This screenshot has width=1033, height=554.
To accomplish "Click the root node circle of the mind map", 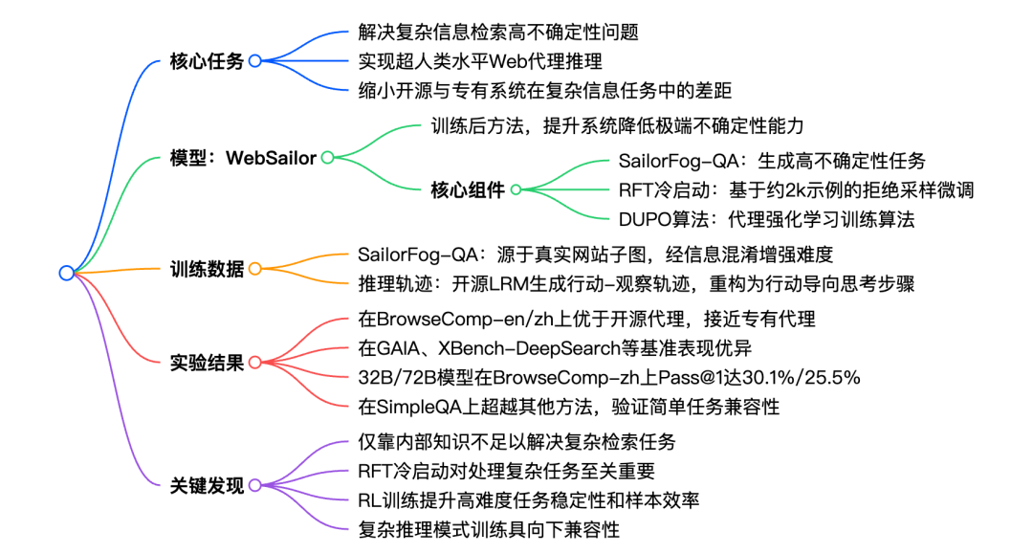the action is [x=67, y=273].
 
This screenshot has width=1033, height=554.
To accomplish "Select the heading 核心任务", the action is [x=207, y=61].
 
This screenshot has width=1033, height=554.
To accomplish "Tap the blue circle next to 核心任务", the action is [x=255, y=61].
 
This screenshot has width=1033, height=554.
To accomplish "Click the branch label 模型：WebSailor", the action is [x=243, y=158].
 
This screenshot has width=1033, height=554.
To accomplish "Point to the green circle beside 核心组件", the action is [x=516, y=189].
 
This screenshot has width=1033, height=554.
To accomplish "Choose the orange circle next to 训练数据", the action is [x=255, y=269].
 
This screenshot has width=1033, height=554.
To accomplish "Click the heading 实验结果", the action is [x=207, y=363].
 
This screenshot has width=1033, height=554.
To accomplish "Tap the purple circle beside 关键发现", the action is [x=255, y=485].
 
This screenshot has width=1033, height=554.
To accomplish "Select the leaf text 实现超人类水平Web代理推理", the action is [x=480, y=61].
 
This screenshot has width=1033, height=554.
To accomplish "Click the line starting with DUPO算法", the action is [x=767, y=219].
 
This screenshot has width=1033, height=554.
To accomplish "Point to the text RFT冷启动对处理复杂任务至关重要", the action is [x=507, y=471].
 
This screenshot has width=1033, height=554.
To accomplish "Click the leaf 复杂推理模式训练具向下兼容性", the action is [x=489, y=530].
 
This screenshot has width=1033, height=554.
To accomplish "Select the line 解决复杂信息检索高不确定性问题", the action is [x=498, y=33].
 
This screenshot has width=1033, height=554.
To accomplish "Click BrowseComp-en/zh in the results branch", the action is [x=445, y=320].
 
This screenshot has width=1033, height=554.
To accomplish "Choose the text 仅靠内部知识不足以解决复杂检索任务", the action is [x=516, y=442].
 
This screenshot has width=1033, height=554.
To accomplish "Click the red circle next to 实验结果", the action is [x=255, y=363].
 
